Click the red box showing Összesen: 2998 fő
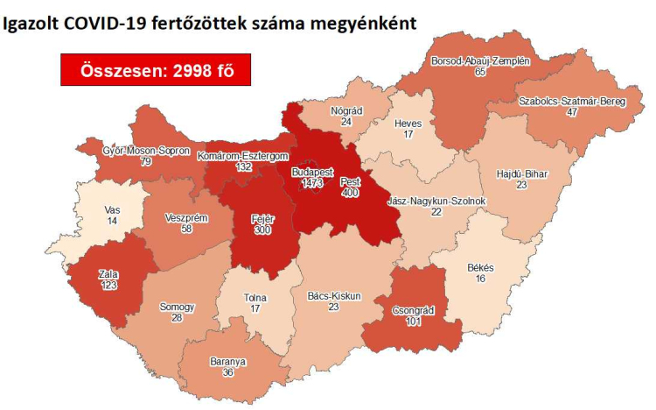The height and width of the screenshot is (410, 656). (x=156, y=69)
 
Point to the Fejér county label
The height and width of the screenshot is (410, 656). (x=262, y=217)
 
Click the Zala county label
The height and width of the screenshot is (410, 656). (x=109, y=274)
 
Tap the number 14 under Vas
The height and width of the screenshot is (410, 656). (x=111, y=223)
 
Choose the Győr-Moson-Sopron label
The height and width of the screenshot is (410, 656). (x=135, y=151)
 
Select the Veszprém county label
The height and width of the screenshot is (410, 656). (x=185, y=217)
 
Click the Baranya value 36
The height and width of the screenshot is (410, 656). (x=227, y=372)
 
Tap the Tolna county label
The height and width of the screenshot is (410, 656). (x=255, y=297)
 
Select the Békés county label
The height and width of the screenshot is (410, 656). (x=479, y=266)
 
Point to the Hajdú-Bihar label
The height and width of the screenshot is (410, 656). (x=521, y=173)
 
